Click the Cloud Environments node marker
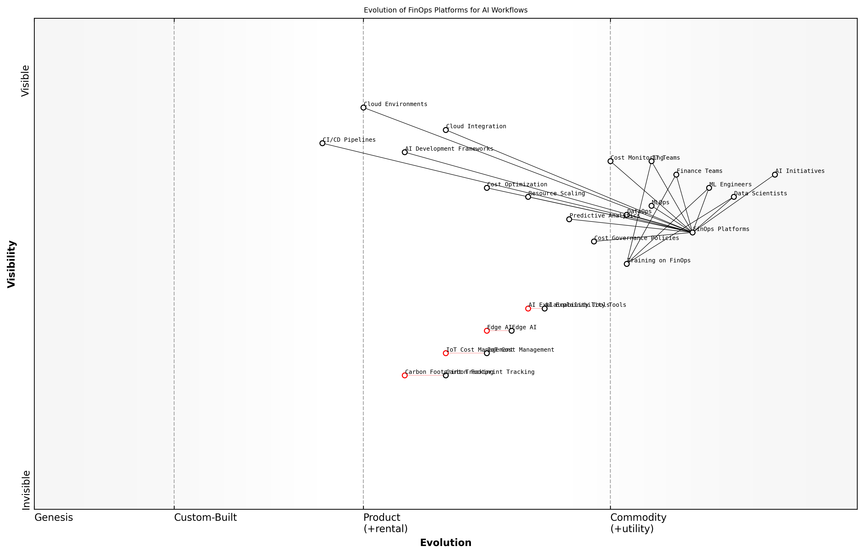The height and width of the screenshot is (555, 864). click(363, 107)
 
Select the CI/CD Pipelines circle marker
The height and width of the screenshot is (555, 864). click(322, 143)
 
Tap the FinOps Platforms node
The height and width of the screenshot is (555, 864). click(692, 232)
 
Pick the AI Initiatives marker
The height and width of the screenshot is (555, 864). click(775, 175)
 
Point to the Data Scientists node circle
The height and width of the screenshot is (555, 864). click(734, 197)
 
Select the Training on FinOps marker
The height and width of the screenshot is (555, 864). click(627, 264)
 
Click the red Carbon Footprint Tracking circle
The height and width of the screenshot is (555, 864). click(405, 375)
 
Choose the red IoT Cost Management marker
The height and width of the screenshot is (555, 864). click(446, 353)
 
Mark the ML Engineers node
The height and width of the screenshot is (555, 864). click(709, 188)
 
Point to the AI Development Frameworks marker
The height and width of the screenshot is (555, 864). click(405, 152)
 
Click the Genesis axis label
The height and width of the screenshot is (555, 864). click(54, 517)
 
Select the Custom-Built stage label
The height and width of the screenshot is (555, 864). click(205, 517)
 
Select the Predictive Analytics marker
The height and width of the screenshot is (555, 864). click(569, 219)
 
